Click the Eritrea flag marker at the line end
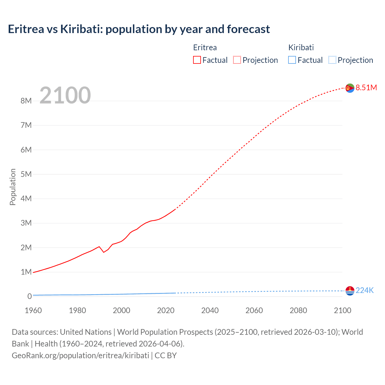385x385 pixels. [350, 88]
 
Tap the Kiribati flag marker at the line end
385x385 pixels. [350, 291]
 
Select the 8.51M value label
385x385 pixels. [366, 88]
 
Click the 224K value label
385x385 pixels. [365, 290]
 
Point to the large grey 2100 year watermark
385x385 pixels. [65, 95]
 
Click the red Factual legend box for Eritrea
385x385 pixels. [197, 60]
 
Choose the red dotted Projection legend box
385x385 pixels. [237, 60]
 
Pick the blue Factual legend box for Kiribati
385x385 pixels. [292, 60]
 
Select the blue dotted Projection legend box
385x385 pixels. [332, 60]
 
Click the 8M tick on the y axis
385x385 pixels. [26, 101]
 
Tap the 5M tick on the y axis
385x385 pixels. [26, 174]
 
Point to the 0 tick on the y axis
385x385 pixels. [29, 296]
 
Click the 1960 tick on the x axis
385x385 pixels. [33, 310]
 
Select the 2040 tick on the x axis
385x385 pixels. [210, 310]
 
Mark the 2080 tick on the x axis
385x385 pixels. [298, 310]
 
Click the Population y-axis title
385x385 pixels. [13, 187]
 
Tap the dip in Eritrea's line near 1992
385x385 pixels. [104, 252]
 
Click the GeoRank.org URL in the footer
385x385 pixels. [80, 355]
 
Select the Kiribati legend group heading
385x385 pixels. [301, 48]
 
